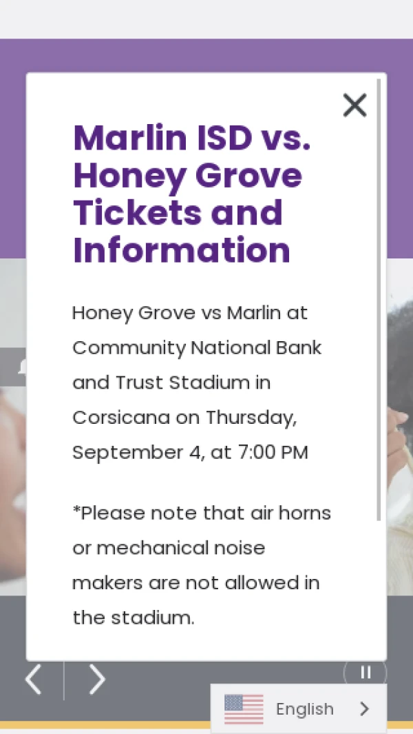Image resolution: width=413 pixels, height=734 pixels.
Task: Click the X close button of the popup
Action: (355, 105)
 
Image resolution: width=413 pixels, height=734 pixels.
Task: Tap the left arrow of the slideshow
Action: (33, 680)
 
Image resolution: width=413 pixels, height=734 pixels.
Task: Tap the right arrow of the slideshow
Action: (97, 680)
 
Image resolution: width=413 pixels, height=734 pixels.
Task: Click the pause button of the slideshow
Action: (366, 673)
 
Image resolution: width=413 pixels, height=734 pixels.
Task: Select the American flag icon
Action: (244, 709)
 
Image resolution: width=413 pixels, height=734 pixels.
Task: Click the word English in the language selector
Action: (305, 709)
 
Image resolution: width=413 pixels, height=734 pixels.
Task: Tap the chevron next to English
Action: (365, 708)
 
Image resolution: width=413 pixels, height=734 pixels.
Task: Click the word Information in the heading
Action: (182, 250)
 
